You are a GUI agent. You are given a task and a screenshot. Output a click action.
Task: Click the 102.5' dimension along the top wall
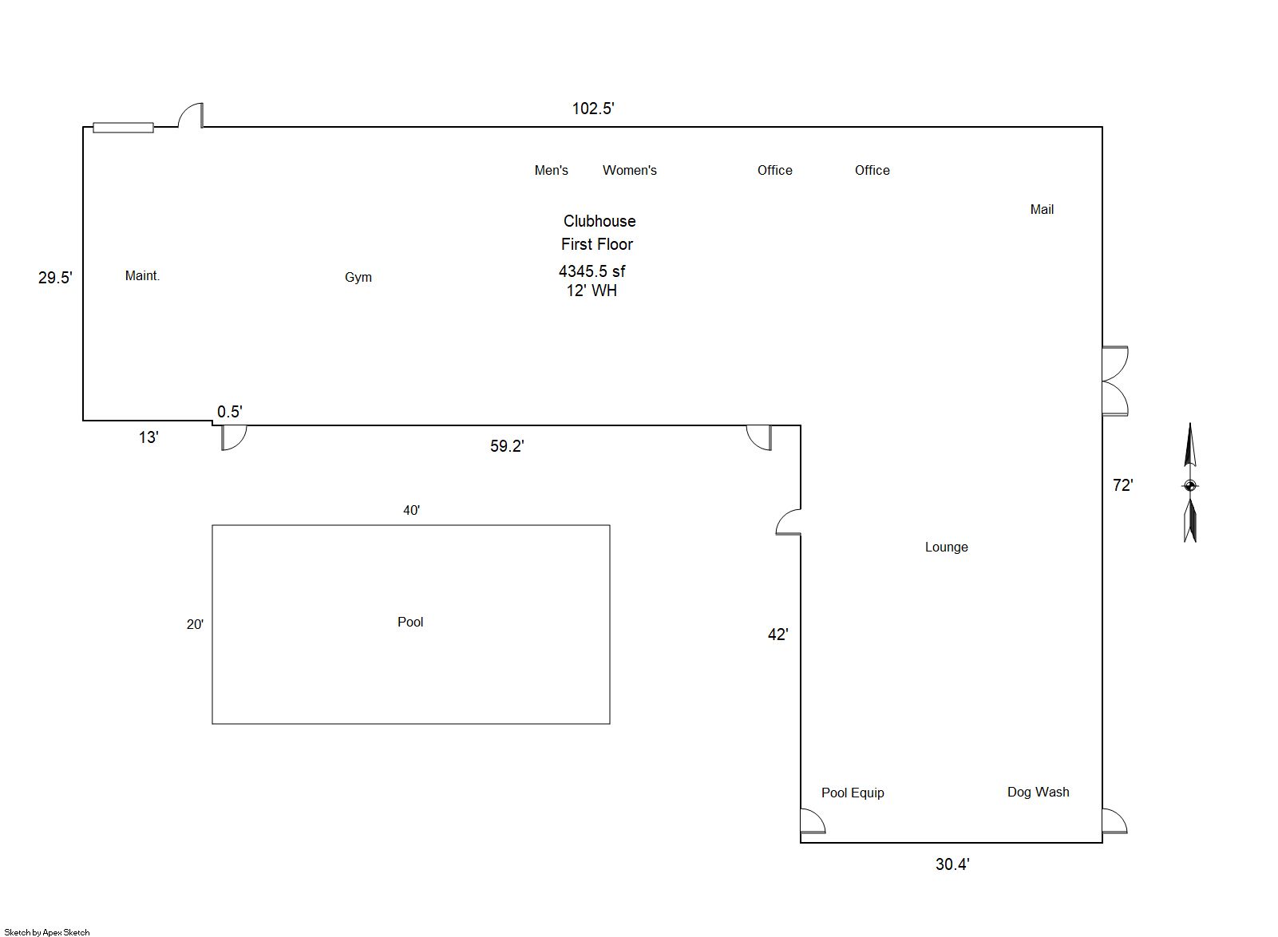(x=593, y=109)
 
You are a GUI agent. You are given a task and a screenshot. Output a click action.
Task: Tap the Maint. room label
(x=142, y=276)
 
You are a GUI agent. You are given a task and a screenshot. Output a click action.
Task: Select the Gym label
(x=358, y=278)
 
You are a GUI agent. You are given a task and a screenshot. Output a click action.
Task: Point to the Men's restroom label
(x=551, y=171)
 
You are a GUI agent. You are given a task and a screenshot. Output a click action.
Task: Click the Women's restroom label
(x=629, y=171)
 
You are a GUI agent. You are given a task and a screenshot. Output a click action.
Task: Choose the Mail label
(x=1041, y=210)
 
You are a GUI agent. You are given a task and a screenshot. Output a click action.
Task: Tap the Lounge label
(x=946, y=548)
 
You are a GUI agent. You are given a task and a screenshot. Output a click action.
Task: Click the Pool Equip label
(x=853, y=793)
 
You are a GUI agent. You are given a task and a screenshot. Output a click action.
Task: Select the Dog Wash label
(x=1038, y=793)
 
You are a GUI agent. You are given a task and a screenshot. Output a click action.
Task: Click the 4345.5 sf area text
(x=592, y=271)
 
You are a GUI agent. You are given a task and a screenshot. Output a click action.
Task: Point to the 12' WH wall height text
(x=592, y=291)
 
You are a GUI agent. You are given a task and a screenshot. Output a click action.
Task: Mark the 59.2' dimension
(x=507, y=446)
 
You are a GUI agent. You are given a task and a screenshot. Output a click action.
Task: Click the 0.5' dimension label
(x=229, y=412)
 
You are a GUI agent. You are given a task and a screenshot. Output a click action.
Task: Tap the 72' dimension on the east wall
(x=1122, y=485)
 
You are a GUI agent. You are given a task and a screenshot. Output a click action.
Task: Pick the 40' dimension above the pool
(x=411, y=511)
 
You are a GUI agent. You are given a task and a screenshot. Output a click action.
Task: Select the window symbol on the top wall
(x=123, y=128)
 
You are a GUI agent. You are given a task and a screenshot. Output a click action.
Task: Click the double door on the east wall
(x=1115, y=381)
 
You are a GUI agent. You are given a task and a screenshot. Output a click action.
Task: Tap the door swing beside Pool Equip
(x=813, y=821)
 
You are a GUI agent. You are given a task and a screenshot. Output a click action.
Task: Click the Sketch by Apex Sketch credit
(x=47, y=932)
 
